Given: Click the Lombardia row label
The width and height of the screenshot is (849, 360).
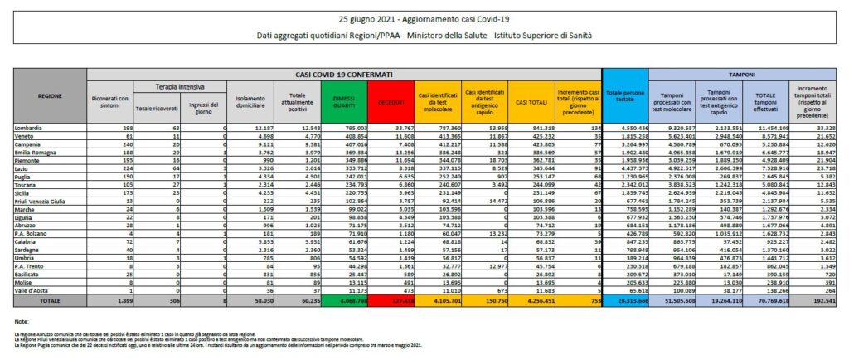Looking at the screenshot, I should [29, 128].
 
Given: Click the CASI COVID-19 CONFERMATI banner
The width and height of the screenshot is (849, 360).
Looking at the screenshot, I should [346, 74].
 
